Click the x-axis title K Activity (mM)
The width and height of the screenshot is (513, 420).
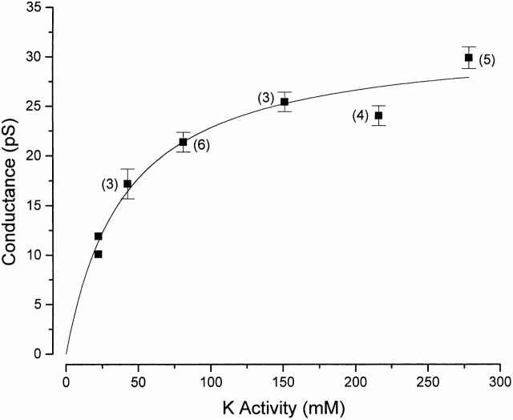[284, 406]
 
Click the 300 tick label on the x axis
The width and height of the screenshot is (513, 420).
[501, 373]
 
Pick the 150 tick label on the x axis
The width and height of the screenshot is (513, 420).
[284, 373]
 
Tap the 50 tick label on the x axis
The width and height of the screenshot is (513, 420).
[139, 373]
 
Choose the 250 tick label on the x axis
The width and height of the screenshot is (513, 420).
[429, 373]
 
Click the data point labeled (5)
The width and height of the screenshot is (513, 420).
[469, 58]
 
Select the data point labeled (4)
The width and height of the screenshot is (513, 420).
[378, 115]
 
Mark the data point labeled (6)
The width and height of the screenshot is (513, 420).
[184, 142]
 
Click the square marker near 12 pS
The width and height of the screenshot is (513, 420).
[98, 236]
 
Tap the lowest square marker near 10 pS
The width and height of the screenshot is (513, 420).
[98, 254]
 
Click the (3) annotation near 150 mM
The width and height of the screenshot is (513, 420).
[265, 98]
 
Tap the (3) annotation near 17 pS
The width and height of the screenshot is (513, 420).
[109, 184]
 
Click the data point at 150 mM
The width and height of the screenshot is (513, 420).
[285, 102]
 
